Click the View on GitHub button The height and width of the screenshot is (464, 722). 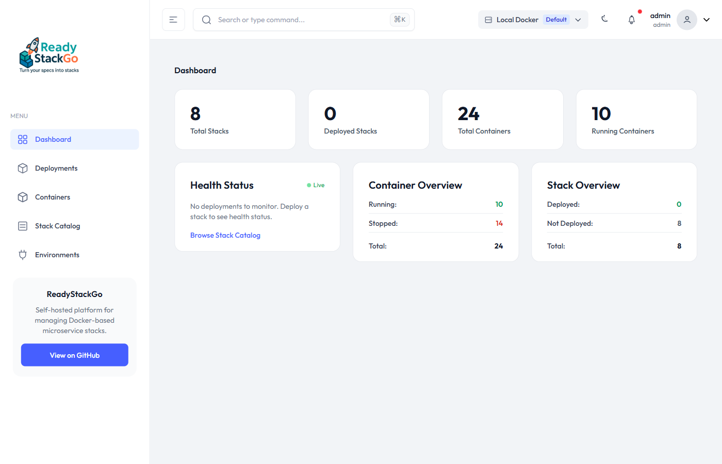tap(74, 355)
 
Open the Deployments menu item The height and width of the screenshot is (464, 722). tap(56, 169)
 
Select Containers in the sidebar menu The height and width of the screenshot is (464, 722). tap(53, 197)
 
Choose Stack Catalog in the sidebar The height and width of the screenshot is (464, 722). tap(57, 226)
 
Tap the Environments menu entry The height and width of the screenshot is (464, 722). tap(57, 255)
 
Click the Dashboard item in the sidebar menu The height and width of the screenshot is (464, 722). tap(53, 140)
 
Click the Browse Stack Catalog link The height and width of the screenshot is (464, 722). tap(225, 236)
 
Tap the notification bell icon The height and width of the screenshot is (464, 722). tap(631, 20)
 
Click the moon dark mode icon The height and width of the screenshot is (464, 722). tap(604, 19)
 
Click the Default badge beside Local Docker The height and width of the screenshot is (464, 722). tap(556, 20)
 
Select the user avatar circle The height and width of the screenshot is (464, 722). tap(686, 20)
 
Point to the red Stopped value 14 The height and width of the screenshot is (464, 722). tap(499, 224)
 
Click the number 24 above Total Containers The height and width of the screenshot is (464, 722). tap(468, 114)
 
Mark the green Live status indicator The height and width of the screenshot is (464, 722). tap(316, 186)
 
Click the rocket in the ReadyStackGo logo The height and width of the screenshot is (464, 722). tap(33, 45)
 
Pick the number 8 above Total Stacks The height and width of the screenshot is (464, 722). tap(195, 114)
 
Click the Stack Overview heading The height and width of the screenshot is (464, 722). tap(583, 186)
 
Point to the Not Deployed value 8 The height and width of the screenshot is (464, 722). tap(679, 224)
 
